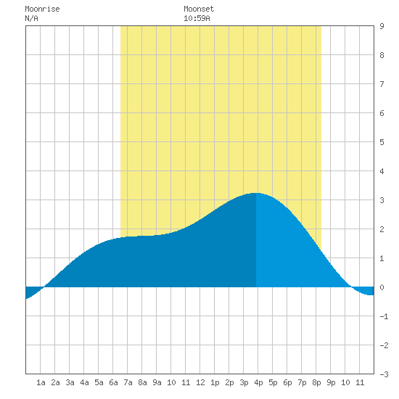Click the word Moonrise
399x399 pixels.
tap(42, 9)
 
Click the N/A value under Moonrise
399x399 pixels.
tap(31, 18)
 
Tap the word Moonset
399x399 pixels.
tap(199, 9)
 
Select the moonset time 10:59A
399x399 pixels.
tap(197, 18)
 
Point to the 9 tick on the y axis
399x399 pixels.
tap(382, 26)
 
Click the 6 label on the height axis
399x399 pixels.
tap(382, 113)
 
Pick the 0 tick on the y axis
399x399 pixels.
tap(382, 287)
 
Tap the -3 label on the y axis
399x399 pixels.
tap(384, 374)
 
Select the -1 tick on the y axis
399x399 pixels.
tap(384, 316)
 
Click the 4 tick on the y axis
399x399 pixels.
tap(382, 171)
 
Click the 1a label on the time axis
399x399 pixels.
tap(41, 382)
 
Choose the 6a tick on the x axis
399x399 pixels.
tap(113, 382)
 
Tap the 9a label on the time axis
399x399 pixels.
tap(157, 382)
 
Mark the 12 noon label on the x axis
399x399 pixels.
tap(200, 382)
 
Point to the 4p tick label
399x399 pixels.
tap(258, 382)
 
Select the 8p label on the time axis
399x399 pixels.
tap(316, 382)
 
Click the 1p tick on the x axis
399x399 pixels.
tap(215, 382)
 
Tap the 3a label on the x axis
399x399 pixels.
tap(70, 382)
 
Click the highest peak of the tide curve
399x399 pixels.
tap(256, 193)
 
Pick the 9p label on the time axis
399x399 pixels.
tap(331, 382)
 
